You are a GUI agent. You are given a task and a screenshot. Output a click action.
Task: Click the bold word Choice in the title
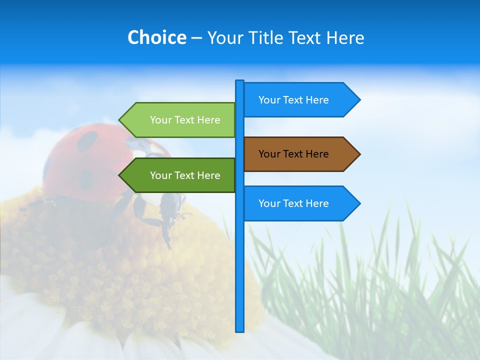click(156, 37)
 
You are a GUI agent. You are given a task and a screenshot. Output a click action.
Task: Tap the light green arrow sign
click(180, 120)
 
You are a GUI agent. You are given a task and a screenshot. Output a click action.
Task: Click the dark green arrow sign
click(180, 175)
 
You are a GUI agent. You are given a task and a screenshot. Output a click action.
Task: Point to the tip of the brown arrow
click(359, 154)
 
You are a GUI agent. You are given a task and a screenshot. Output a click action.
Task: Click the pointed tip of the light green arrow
click(120, 120)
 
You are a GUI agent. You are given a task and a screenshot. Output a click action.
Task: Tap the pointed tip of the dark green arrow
click(120, 175)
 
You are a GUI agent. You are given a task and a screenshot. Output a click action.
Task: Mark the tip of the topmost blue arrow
click(359, 100)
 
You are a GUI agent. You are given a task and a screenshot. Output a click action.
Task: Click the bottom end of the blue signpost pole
click(240, 330)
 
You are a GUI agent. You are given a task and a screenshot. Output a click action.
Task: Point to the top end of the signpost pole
click(240, 81)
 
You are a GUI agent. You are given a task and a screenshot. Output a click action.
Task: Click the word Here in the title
click(345, 37)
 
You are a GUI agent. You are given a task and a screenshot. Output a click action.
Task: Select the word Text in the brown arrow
click(293, 154)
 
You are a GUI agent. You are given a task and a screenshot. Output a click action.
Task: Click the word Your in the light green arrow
click(160, 120)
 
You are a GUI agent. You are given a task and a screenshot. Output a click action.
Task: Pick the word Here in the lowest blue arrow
click(317, 203)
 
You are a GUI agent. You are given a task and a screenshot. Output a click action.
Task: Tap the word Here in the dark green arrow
click(208, 175)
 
